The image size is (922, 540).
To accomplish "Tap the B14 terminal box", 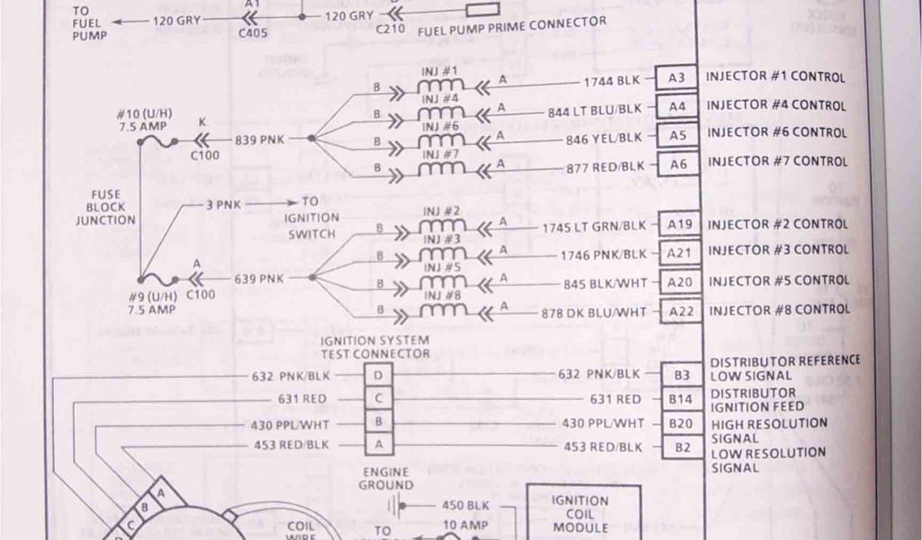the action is point(682,399).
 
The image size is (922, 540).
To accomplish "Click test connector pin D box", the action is point(378,374).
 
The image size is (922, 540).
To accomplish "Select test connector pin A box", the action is point(378,445).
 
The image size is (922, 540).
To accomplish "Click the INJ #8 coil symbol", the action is point(441,310).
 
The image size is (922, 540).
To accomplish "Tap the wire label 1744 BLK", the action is point(611,80).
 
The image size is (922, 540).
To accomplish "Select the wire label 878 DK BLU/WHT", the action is point(607,312).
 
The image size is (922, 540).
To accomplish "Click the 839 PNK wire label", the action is point(258,139).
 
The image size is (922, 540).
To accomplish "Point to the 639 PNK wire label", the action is point(258,278).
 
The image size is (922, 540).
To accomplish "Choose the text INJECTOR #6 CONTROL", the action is point(777,132).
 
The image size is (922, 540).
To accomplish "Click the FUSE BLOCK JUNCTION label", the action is point(105,207).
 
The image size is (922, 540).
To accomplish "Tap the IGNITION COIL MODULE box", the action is point(581,513).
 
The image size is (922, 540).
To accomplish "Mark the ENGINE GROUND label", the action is point(387,478).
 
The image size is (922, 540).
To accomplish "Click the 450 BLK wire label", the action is point(465,505).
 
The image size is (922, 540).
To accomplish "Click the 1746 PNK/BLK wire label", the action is point(603,255).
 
